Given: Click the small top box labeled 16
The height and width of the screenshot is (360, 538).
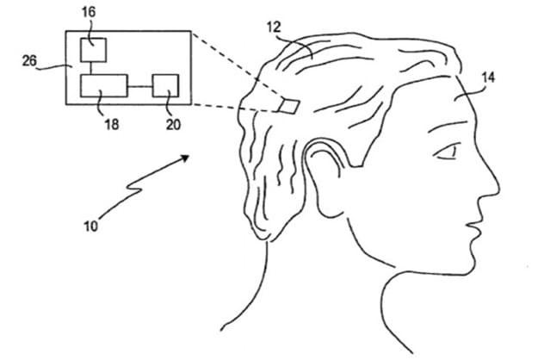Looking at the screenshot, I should coord(91,50).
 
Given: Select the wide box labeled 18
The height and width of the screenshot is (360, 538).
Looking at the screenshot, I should coord(104,86).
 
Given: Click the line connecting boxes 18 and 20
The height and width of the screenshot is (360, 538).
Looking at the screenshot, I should coord(139,86).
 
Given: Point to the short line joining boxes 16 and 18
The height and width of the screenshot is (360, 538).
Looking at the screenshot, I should coord(91,68).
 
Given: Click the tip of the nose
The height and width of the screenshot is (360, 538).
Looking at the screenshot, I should coord(498,189).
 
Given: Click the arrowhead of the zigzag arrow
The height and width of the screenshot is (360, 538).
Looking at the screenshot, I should coord(187,158).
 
